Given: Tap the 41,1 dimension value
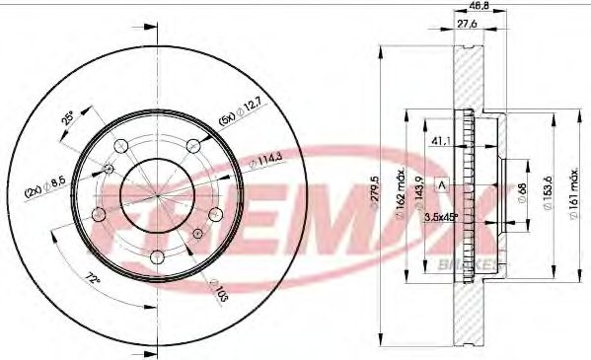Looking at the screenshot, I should click(441, 141).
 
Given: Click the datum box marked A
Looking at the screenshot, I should click(442, 184).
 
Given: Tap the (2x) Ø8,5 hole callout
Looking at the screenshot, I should click(45, 180).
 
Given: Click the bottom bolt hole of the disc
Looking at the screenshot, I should click(157, 258).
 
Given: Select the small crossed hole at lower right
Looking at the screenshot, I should click(198, 234).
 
